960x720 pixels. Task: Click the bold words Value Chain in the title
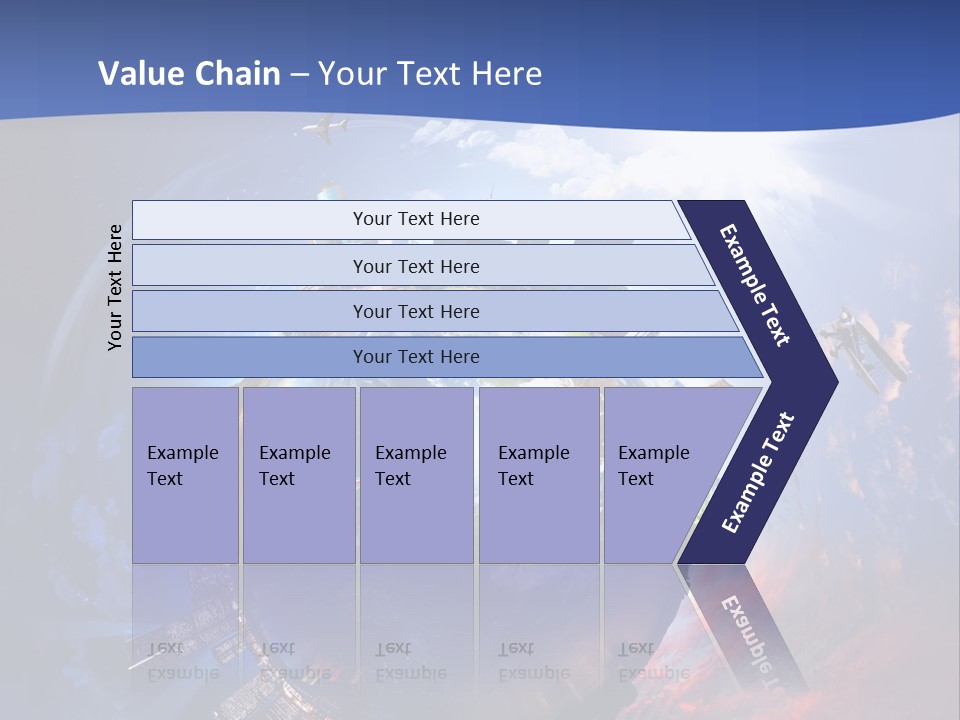[189, 74]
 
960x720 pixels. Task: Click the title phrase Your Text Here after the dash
[430, 74]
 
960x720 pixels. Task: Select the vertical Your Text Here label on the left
[115, 287]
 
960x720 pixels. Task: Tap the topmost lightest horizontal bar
[415, 219]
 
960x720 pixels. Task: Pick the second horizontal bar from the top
[415, 266]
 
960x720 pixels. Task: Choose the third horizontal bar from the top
[415, 311]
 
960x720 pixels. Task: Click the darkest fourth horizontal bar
[415, 357]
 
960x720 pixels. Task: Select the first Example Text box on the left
[185, 474]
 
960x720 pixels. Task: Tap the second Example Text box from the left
[298, 474]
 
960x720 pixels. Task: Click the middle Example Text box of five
[415, 474]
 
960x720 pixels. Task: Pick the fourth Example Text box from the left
[538, 474]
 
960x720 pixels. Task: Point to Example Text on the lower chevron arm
[758, 472]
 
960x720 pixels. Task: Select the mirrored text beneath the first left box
[184, 660]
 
